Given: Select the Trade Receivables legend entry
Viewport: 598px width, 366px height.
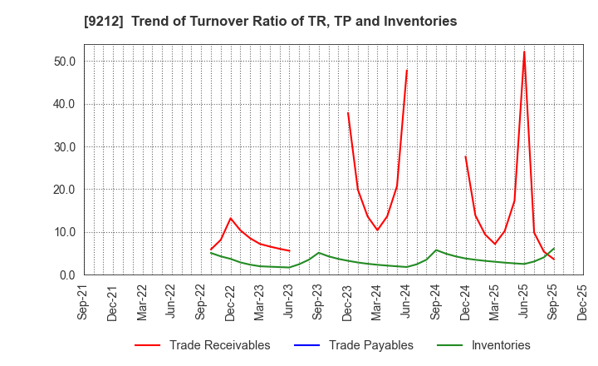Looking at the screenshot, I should (x=219, y=345).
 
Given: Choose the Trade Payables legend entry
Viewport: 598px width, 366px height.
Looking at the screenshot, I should (x=370, y=345).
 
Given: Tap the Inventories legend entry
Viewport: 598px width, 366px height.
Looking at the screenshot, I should (x=500, y=345).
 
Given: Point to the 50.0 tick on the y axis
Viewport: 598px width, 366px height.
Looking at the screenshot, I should (x=64, y=62).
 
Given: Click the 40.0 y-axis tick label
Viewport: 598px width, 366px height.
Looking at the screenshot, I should (x=64, y=104).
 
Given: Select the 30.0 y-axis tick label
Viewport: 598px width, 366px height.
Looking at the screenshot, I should (x=64, y=147).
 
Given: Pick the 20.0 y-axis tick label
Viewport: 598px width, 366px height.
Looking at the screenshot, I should (x=64, y=190).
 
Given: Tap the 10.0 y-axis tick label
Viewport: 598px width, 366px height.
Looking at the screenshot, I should (x=64, y=232).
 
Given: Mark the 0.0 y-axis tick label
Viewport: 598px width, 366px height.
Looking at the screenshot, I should (x=67, y=275).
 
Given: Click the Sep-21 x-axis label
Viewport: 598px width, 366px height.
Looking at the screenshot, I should (x=82, y=303).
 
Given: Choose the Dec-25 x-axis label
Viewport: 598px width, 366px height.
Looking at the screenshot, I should (x=581, y=303).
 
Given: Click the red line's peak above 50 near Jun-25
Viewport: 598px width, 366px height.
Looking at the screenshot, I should (x=524, y=52).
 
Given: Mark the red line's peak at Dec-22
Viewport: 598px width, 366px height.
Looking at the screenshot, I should (x=231, y=218).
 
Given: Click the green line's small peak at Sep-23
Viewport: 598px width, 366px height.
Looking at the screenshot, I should (x=318, y=253).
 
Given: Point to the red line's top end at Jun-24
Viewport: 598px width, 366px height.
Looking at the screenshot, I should (x=407, y=69).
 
